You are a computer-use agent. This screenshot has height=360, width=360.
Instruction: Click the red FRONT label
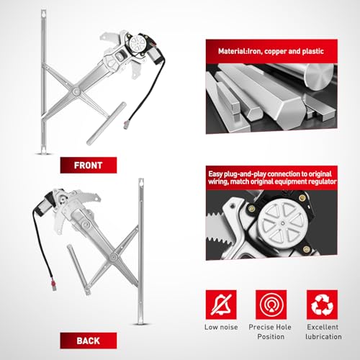89,165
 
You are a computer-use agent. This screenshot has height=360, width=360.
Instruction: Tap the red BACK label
89,341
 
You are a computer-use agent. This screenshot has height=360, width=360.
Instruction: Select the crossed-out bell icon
221,305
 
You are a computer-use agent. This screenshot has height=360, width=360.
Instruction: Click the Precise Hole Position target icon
271,305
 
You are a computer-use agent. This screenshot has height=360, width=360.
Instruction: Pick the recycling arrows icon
322,305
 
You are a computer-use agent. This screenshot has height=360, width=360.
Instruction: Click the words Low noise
221,327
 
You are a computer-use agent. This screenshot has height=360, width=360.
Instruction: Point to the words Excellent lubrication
323,332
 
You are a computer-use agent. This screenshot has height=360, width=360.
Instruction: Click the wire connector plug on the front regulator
126,125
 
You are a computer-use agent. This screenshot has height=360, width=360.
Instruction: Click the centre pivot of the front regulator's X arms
76,91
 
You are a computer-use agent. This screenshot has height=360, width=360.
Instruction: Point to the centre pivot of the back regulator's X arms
112,258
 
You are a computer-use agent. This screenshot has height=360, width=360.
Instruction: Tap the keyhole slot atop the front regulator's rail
43,14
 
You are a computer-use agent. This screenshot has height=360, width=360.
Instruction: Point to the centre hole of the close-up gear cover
283,224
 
